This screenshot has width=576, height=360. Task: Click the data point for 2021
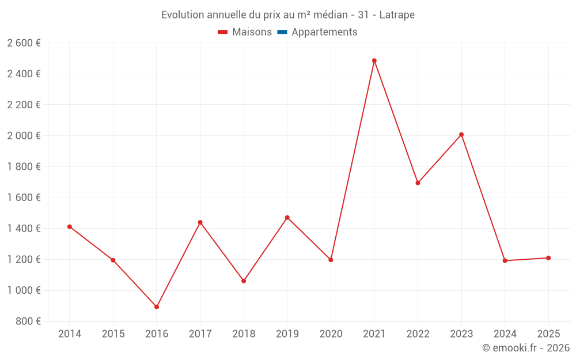(x=374, y=60)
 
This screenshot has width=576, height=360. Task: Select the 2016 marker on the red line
(x=157, y=307)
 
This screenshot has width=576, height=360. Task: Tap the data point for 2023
(x=461, y=135)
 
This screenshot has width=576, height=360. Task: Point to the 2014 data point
(x=70, y=227)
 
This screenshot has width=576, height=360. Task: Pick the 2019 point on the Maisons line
(x=287, y=218)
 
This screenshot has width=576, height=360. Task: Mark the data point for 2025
(x=548, y=258)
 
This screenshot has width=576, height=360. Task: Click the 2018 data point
(x=244, y=281)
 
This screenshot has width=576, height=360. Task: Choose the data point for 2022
(x=418, y=183)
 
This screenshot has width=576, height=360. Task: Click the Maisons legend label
(x=252, y=32)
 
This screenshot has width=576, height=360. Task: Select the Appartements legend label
(x=324, y=32)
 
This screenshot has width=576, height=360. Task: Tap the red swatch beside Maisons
(x=223, y=32)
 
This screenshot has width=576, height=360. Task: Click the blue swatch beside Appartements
(x=282, y=32)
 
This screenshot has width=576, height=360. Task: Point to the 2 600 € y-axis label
(x=24, y=43)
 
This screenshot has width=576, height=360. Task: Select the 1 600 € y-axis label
(x=24, y=198)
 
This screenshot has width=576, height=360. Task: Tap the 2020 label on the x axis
(x=331, y=334)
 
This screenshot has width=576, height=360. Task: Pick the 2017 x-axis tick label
(x=200, y=334)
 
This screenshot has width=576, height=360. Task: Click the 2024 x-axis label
(x=505, y=334)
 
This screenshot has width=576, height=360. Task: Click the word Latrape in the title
(x=397, y=15)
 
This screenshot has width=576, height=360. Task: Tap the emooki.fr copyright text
(x=526, y=348)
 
